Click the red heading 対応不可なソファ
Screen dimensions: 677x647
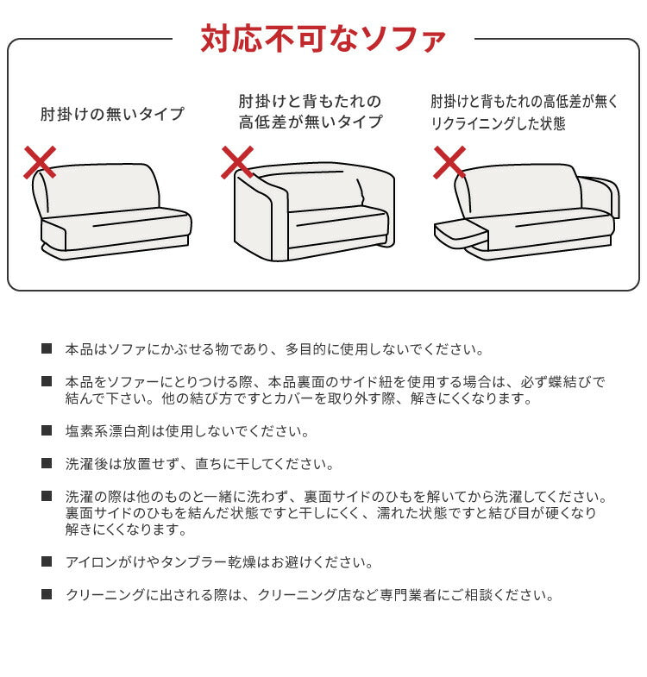(323, 39)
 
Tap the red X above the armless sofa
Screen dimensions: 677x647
(40, 162)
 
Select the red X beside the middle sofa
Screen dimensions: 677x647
(237, 161)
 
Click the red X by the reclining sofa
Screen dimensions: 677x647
(449, 161)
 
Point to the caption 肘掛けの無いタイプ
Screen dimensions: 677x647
(112, 114)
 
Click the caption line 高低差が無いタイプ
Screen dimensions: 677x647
(311, 122)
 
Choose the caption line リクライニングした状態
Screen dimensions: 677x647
(499, 123)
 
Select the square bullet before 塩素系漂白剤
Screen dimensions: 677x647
(47, 430)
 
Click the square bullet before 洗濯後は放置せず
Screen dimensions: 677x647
(47, 463)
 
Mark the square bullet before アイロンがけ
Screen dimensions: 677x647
(47, 561)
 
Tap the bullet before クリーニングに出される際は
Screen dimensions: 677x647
(47, 594)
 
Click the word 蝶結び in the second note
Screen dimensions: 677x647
(569, 381)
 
